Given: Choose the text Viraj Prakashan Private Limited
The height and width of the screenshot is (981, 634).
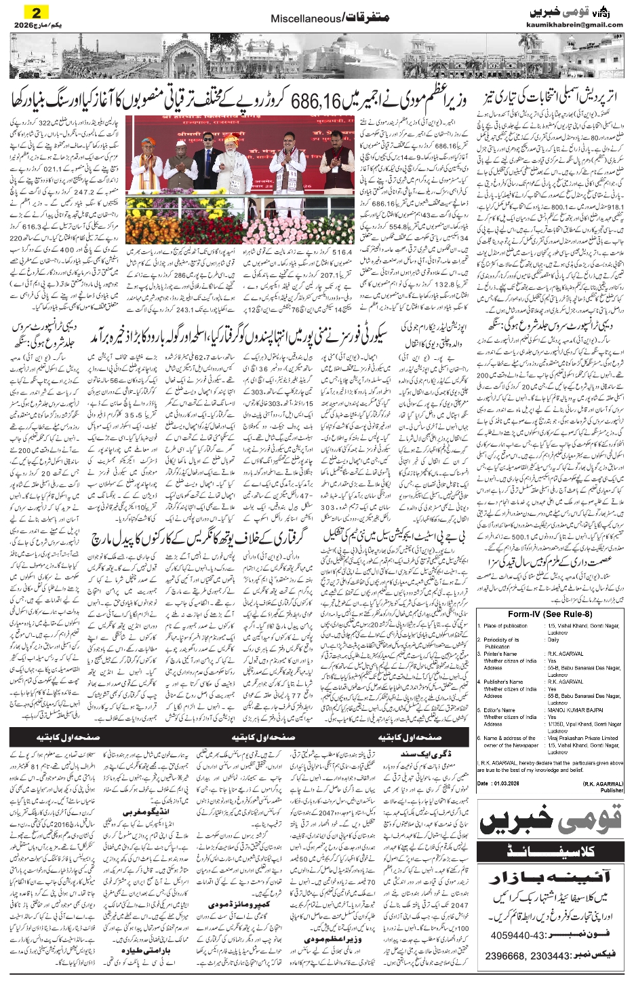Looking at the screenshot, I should click(x=582, y=738).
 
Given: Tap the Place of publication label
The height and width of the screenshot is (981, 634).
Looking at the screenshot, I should click(x=506, y=626).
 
